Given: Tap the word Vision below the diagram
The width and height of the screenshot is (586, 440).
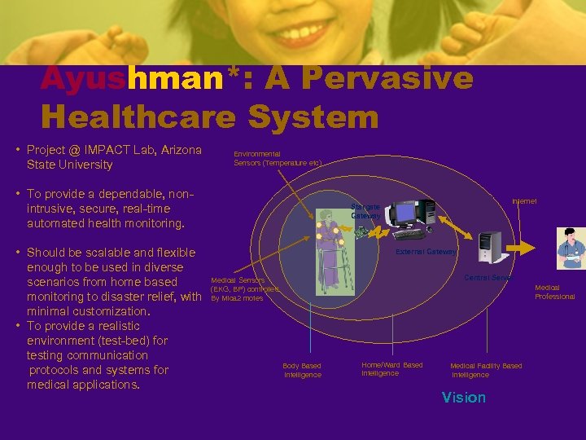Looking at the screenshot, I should (x=463, y=398).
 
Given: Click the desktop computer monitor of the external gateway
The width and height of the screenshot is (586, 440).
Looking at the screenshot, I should (x=405, y=213).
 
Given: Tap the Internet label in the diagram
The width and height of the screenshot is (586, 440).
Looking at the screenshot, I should (x=524, y=201).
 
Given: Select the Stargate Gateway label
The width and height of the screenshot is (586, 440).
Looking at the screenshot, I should (x=365, y=212).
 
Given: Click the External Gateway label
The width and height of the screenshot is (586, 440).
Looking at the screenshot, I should (x=426, y=252).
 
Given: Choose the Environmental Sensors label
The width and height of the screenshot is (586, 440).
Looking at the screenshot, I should (x=278, y=158).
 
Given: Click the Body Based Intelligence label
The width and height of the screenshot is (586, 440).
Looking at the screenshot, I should (x=302, y=370).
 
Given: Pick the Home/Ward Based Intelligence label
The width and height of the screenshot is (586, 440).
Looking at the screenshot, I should (x=391, y=369).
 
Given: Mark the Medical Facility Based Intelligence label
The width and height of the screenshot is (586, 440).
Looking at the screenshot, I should (x=486, y=370).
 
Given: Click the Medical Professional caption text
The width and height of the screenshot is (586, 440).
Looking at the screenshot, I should (x=554, y=292).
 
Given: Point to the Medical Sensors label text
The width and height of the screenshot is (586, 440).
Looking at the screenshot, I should (x=238, y=280).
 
